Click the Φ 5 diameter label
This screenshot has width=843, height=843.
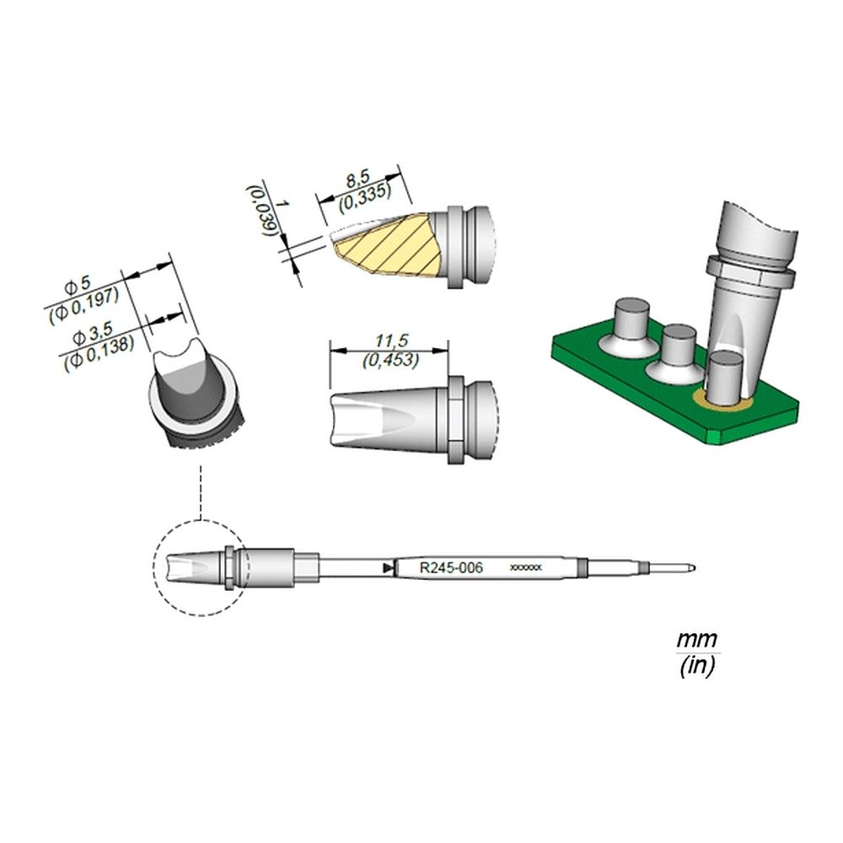78,286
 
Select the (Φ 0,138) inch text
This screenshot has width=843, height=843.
99,354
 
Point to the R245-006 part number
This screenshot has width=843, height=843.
451,567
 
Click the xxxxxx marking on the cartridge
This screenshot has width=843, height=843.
525,567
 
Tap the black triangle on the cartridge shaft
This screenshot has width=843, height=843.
388,567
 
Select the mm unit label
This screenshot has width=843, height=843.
697,640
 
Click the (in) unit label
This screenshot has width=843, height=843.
697,667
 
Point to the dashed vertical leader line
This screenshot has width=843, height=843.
201,492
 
